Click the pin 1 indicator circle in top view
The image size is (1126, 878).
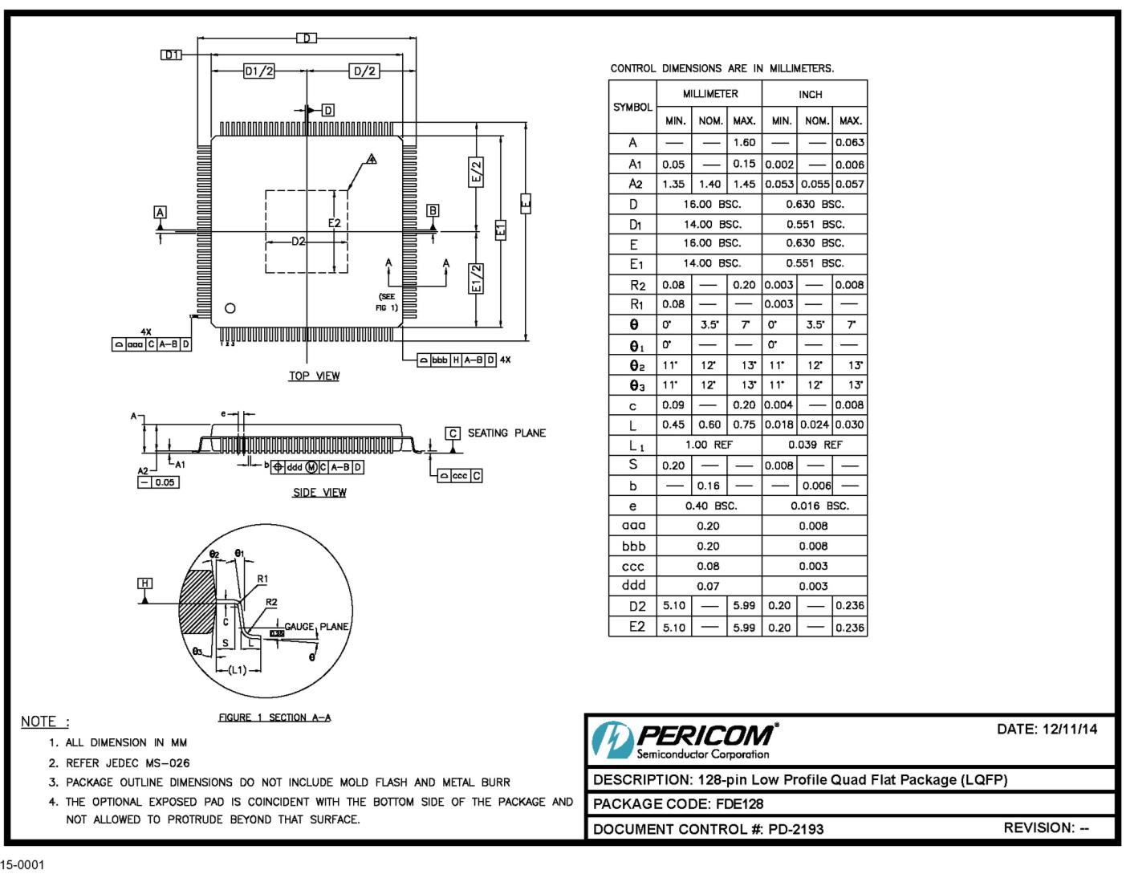point(230,308)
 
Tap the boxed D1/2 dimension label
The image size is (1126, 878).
point(258,71)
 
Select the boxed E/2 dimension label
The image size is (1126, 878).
point(476,172)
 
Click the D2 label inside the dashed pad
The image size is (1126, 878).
point(298,241)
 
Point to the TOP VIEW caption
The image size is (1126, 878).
point(314,376)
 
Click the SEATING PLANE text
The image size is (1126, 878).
point(506,433)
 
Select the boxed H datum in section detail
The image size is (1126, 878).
point(144,583)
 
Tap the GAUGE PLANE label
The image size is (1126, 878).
point(316,626)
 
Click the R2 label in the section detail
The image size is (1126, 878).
point(271,602)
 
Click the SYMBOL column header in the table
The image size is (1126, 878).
point(632,108)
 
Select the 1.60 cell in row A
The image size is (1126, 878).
point(744,143)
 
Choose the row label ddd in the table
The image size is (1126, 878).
point(633,586)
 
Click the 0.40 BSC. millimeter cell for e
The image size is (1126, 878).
point(709,506)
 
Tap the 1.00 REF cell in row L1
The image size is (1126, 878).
point(709,445)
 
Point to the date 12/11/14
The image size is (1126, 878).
point(1070,729)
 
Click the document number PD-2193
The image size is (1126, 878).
point(795,829)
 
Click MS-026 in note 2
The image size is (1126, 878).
point(167,763)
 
